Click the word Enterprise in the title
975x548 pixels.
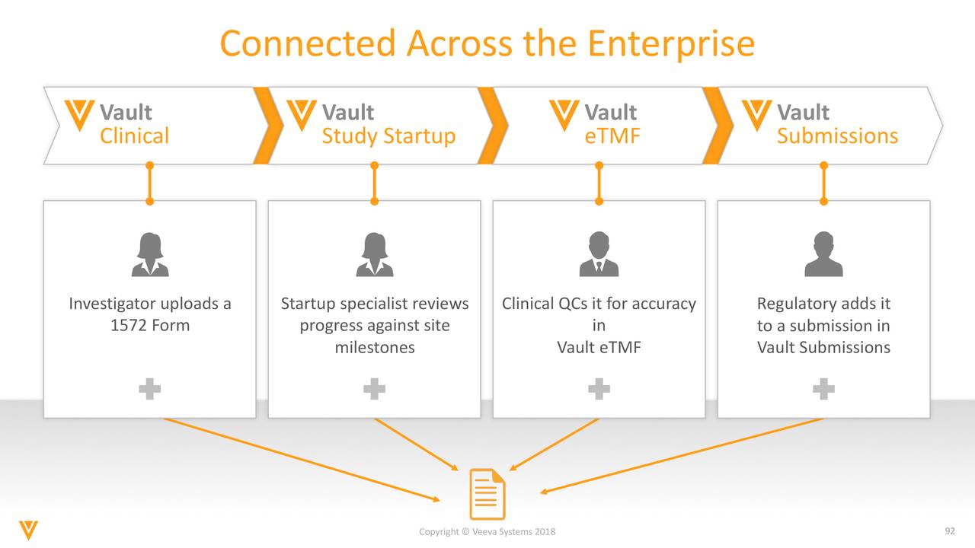click(x=670, y=44)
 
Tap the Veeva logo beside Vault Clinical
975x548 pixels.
click(x=79, y=115)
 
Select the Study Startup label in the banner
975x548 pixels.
click(x=388, y=136)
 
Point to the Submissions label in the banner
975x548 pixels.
click(x=837, y=136)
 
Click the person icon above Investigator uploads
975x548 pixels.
click(x=149, y=255)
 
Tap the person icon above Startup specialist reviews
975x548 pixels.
click(x=374, y=255)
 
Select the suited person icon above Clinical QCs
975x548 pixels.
click(x=599, y=255)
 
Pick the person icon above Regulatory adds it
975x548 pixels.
click(x=823, y=255)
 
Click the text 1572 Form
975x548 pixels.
click(x=150, y=326)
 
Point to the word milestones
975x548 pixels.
click(x=375, y=348)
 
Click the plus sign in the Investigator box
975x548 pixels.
click(x=149, y=390)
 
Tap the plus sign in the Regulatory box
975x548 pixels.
click(x=823, y=390)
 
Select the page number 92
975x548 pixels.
click(x=949, y=530)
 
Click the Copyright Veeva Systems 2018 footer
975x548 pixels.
click(x=487, y=531)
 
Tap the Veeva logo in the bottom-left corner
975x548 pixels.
click(x=29, y=530)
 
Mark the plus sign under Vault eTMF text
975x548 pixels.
click(x=599, y=390)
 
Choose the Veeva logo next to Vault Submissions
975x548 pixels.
click(x=756, y=115)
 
